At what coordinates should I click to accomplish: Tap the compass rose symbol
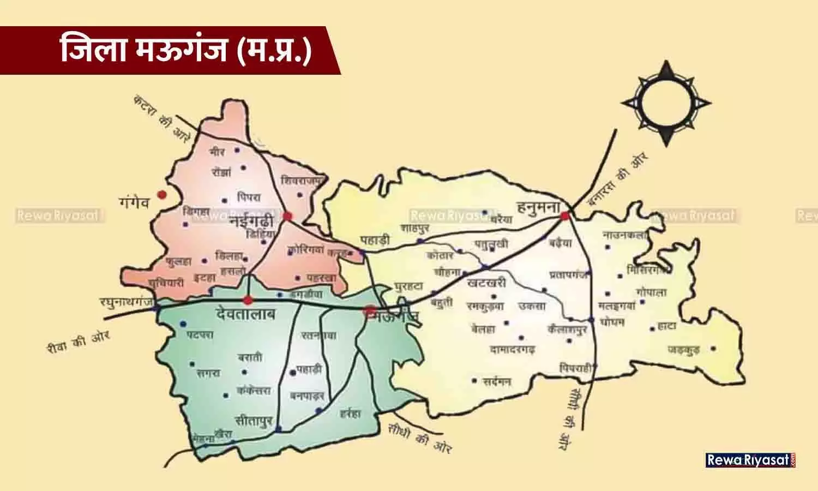[x=666, y=103]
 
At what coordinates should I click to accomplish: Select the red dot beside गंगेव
[x=161, y=194]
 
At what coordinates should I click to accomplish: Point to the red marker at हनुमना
[x=565, y=216]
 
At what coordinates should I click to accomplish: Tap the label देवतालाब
[x=245, y=315]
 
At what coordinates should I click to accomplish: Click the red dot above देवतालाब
[x=248, y=300]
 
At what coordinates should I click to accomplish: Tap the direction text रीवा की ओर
[x=79, y=343]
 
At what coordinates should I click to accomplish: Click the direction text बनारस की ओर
[x=618, y=179]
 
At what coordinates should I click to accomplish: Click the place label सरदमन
[x=497, y=382]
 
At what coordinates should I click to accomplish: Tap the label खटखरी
[x=487, y=283]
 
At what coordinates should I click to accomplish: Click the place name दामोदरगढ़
[x=513, y=349]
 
